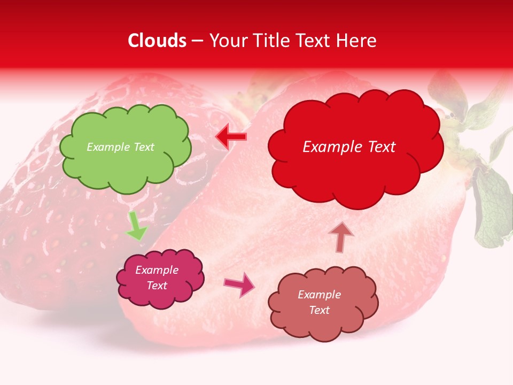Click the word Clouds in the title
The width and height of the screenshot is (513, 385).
pos(157,41)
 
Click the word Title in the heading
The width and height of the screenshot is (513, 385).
pos(273,41)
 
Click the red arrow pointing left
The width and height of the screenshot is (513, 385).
pos(231,137)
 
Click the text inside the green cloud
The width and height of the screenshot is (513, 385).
pos(120,147)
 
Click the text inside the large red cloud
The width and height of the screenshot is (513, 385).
pos(349,147)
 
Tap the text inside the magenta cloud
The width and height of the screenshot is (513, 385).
pos(157,278)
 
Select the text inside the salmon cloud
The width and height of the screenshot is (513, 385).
pos(319,302)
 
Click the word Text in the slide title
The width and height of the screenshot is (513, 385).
pos(313,41)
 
